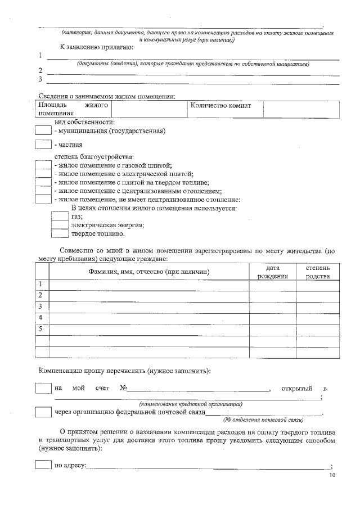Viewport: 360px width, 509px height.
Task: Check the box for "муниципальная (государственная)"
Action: point(43,130)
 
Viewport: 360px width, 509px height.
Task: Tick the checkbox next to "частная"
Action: point(43,145)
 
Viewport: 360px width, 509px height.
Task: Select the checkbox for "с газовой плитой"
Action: point(43,165)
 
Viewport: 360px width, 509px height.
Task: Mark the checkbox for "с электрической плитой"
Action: point(43,174)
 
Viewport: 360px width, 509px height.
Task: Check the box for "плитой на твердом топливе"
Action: point(43,182)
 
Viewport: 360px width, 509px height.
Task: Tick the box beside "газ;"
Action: point(60,216)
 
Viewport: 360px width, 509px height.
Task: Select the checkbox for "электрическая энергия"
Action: point(60,224)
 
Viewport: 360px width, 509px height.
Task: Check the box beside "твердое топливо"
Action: point(60,233)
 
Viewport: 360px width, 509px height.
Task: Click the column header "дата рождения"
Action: point(273,272)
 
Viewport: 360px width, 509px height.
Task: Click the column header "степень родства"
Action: point(318,272)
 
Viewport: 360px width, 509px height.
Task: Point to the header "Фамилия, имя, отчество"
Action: point(149,272)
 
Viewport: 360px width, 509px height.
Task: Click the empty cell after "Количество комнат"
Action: point(301,109)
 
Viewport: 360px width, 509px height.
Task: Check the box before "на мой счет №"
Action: point(43,389)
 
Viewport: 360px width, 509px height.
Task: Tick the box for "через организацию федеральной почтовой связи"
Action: point(43,412)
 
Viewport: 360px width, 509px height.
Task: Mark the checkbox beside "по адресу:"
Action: point(43,465)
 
